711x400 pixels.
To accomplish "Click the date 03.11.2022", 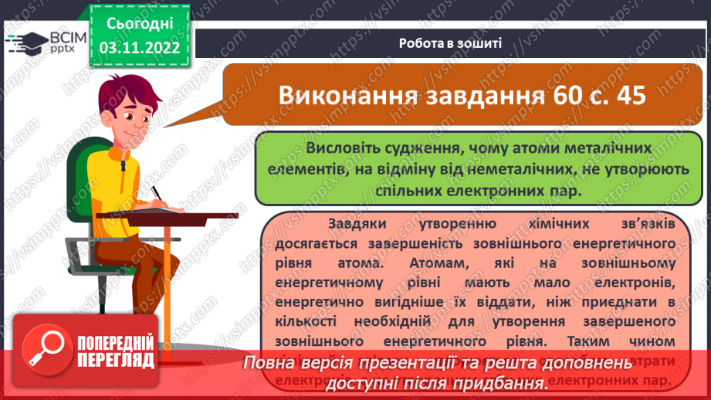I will click(139, 48).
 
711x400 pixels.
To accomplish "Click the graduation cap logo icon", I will click(22, 42).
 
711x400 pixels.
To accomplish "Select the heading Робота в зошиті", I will click(451, 42).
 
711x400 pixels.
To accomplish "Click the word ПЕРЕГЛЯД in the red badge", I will click(116, 359).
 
